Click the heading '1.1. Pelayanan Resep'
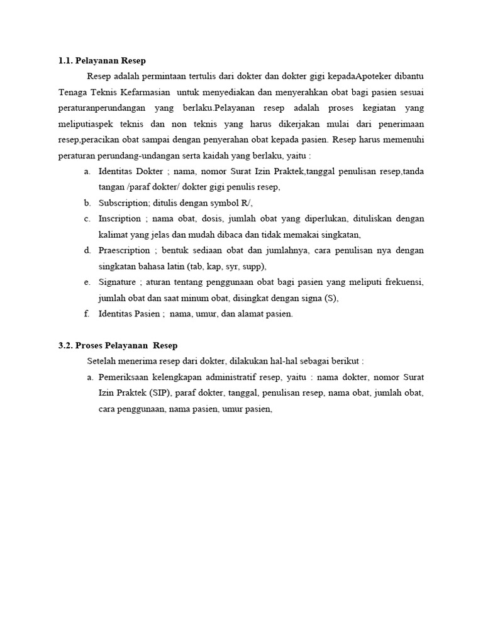click(x=101, y=61)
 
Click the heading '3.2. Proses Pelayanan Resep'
click(x=118, y=345)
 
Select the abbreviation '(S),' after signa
click(x=331, y=297)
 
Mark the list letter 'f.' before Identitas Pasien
click(x=87, y=313)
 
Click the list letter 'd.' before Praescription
click(x=87, y=250)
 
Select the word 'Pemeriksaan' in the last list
click(x=123, y=377)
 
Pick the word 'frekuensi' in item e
click(x=404, y=282)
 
